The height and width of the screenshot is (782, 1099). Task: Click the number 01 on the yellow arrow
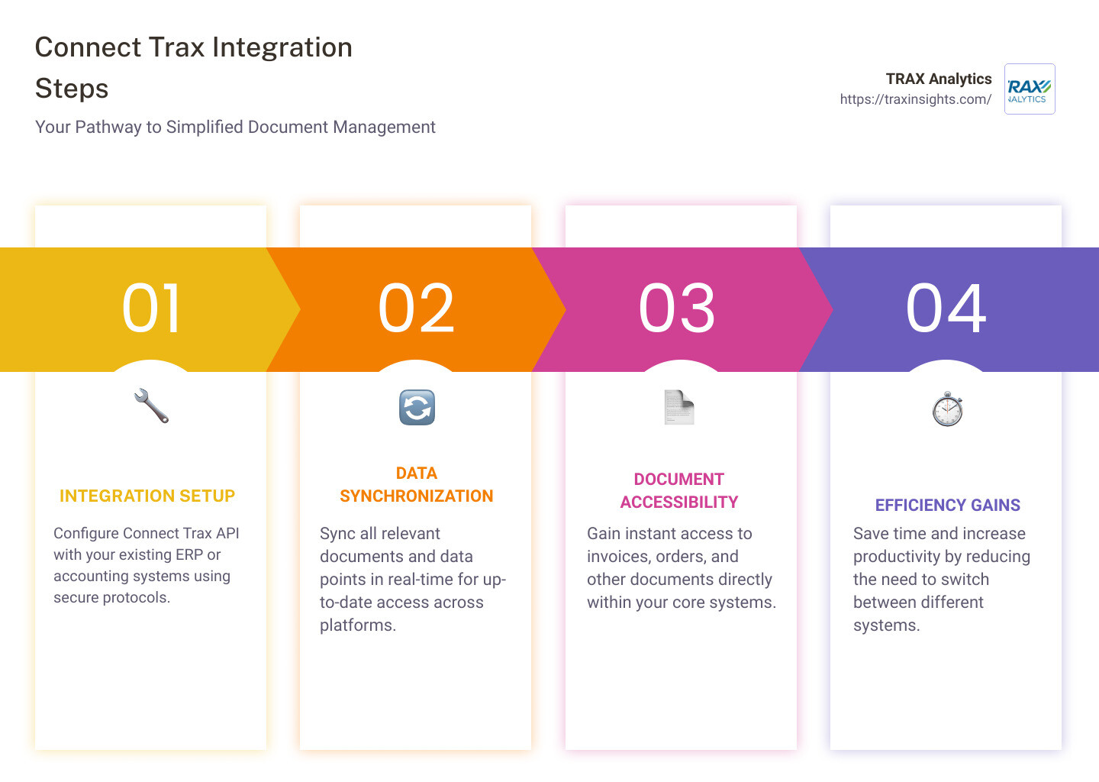(x=152, y=309)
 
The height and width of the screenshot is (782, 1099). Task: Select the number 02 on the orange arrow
(x=417, y=309)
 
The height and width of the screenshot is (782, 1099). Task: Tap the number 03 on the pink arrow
(x=678, y=309)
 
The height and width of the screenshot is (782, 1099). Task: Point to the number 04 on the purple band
(x=946, y=309)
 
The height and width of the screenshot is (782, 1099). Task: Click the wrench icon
(x=151, y=406)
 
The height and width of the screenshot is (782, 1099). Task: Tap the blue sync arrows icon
(x=417, y=407)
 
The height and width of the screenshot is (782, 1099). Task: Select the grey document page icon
(x=678, y=407)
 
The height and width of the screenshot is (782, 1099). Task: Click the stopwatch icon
(x=947, y=409)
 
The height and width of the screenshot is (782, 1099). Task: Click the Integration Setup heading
(x=147, y=496)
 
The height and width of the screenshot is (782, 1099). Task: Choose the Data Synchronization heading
(x=417, y=485)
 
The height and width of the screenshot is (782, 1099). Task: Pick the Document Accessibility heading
(x=678, y=491)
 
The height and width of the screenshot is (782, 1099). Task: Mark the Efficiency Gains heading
(x=947, y=506)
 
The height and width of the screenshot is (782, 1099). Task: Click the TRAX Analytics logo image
(x=1030, y=89)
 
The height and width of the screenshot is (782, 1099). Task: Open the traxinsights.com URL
(x=915, y=99)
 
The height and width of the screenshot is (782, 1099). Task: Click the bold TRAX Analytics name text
(x=938, y=79)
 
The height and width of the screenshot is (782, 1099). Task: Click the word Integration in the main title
(x=282, y=47)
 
